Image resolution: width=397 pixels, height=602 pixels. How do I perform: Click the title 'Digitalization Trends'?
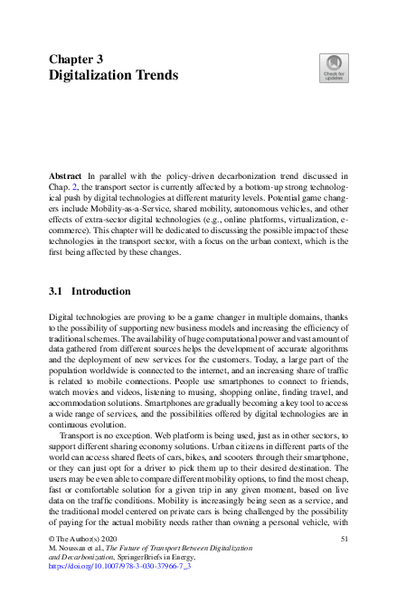coord(113,74)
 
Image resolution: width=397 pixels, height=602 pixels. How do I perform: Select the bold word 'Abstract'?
coord(66,171)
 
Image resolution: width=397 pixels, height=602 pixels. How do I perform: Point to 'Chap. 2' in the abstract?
coord(61,183)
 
